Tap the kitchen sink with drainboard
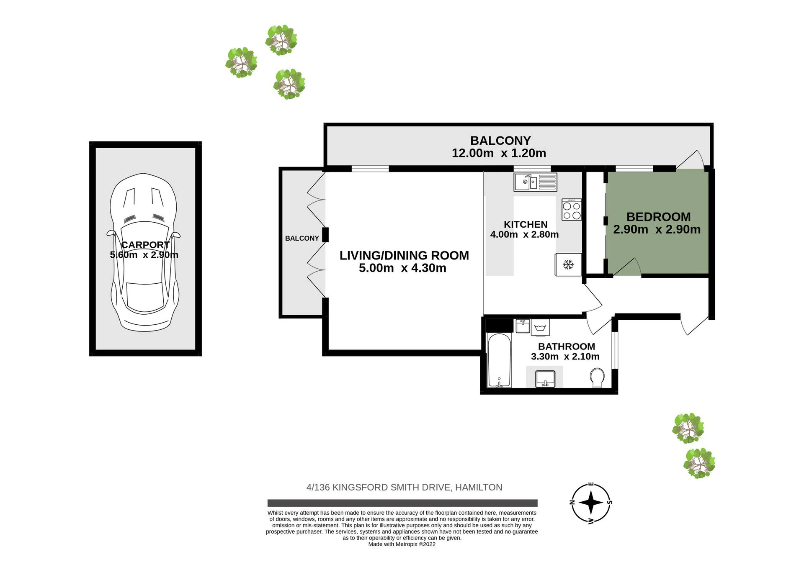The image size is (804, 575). (x=536, y=182)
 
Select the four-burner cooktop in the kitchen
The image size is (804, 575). (x=572, y=209)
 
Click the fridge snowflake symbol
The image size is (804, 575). (x=568, y=264)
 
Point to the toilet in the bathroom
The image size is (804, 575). (x=597, y=377)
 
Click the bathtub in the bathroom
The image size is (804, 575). (x=499, y=360)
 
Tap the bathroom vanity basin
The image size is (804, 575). (x=545, y=378)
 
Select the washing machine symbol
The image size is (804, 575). (x=540, y=327)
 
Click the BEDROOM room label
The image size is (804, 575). (x=658, y=217)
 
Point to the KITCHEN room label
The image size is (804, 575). (x=526, y=224)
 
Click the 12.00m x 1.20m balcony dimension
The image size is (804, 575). (x=499, y=153)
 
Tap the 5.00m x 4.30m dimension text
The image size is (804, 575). (x=402, y=268)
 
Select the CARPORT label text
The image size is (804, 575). (x=145, y=245)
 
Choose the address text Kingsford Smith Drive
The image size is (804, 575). (x=392, y=487)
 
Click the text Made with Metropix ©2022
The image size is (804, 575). (x=402, y=544)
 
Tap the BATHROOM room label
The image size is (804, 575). (x=567, y=347)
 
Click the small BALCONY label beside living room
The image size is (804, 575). (x=302, y=238)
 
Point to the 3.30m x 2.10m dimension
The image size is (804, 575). (x=565, y=357)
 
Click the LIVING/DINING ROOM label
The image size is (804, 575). (x=404, y=255)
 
